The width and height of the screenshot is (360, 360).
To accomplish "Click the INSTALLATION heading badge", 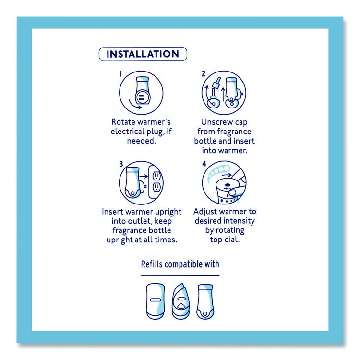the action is point(143,54).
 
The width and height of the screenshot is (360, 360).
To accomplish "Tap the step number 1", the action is point(120,74).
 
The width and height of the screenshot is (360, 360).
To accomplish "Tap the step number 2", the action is point(204,74).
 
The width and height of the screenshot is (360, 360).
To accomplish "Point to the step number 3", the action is point(121,164).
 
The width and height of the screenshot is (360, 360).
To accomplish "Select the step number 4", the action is point(204,164).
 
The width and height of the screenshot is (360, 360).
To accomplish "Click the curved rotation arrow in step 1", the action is point(134,105).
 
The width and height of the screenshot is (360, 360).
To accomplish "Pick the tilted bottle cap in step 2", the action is point(216,83).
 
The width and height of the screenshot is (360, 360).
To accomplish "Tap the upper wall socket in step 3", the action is point(156,176).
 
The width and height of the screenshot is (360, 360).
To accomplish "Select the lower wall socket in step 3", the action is point(156,187).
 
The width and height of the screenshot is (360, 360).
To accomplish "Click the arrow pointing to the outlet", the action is point(144,176).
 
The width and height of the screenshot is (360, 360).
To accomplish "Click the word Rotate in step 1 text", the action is point(121,122).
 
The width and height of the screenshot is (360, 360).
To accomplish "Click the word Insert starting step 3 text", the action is point(112,212).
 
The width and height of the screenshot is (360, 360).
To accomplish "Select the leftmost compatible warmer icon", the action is point(156,301).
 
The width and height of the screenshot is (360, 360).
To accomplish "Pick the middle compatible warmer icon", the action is point(181,301).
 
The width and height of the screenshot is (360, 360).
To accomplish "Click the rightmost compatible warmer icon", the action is point(205,302).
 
